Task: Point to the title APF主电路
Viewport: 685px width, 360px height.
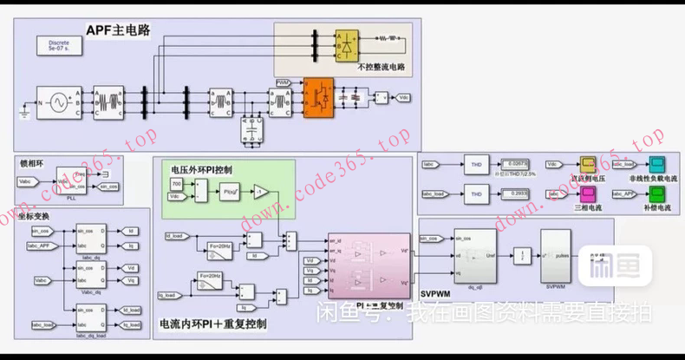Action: tap(118, 30)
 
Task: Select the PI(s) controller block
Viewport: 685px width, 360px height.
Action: tap(230, 192)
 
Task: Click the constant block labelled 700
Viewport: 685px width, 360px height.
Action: tap(177, 185)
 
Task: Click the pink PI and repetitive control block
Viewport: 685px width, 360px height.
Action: tap(368, 263)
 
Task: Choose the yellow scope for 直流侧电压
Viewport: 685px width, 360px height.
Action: tap(588, 164)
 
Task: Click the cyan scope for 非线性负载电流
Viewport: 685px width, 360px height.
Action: tap(656, 164)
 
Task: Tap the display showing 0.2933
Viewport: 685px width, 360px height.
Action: tap(518, 194)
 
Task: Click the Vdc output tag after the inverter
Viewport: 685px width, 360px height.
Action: tap(403, 98)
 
